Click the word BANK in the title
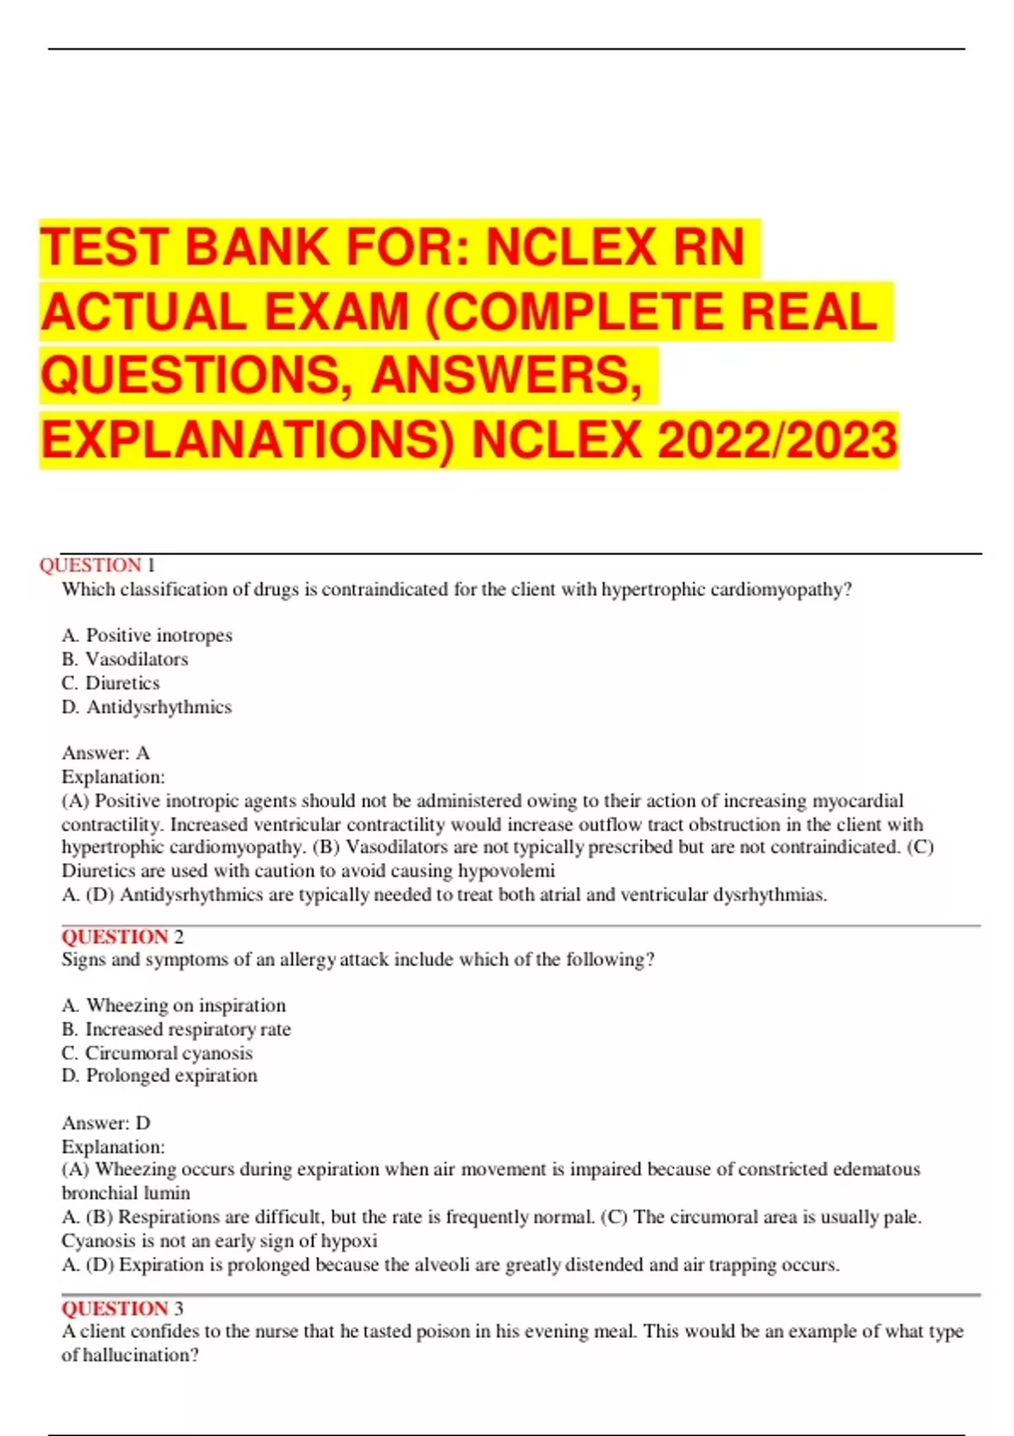(x=256, y=248)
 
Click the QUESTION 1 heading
(x=97, y=565)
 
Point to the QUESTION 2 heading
(x=122, y=937)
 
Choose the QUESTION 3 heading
(x=122, y=1308)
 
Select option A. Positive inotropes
(x=147, y=635)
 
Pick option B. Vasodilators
(x=125, y=659)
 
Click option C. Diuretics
(x=111, y=683)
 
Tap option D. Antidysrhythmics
(x=147, y=707)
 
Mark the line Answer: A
(x=106, y=753)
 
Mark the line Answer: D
(x=106, y=1123)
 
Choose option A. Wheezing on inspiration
(x=174, y=1005)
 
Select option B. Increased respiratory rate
(x=177, y=1029)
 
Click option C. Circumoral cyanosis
(x=157, y=1053)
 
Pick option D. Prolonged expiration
(x=160, y=1075)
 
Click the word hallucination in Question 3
(x=140, y=1355)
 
